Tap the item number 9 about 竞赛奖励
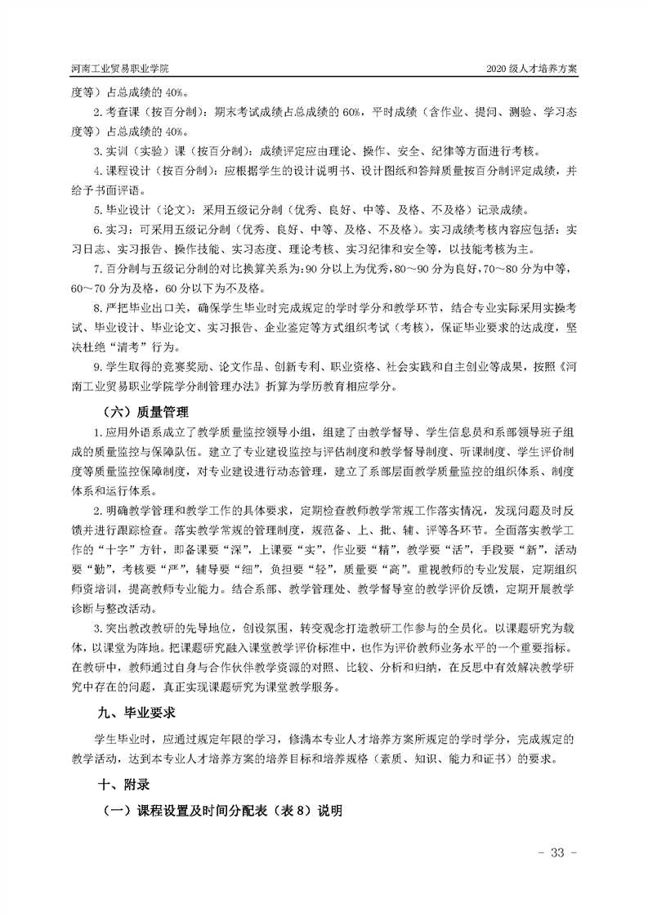pyautogui.click(x=96, y=366)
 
